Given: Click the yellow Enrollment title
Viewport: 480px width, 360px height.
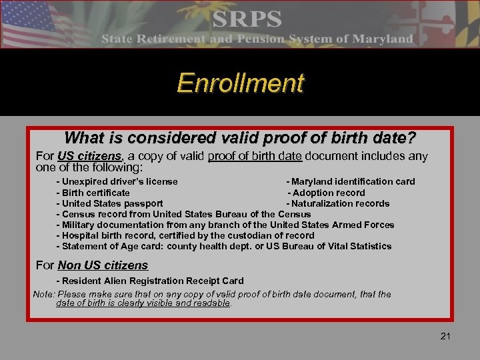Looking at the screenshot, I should click(240, 83).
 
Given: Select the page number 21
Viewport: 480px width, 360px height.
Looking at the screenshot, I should click(445, 336).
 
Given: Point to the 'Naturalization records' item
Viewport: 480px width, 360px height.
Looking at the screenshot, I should click(338, 203).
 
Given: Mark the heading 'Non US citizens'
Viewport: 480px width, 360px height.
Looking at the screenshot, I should click(103, 265).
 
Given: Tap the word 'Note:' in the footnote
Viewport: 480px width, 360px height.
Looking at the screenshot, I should click(44, 294).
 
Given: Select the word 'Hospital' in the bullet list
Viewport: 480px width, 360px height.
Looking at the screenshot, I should click(79, 235).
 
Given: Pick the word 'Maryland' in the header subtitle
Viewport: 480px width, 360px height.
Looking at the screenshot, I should click(383, 39).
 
